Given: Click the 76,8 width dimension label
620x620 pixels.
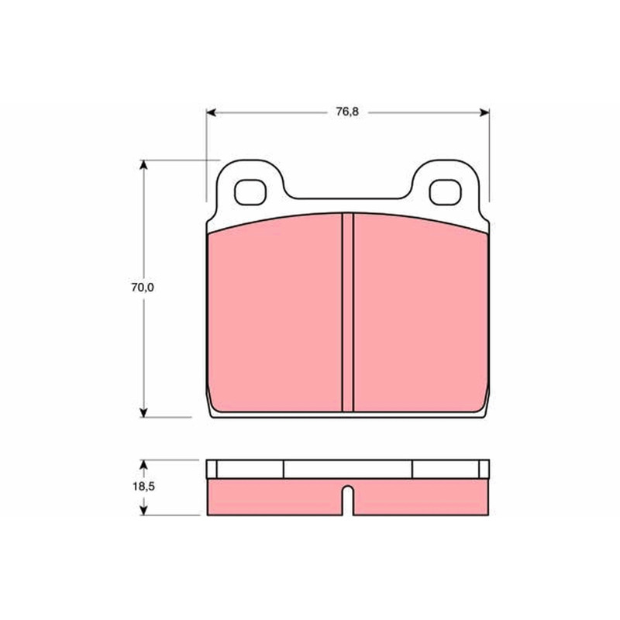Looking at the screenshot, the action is pyautogui.click(x=347, y=112).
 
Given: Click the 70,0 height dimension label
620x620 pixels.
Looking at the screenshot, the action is pyautogui.click(x=143, y=288).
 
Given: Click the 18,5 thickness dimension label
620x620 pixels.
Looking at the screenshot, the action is pyautogui.click(x=143, y=487).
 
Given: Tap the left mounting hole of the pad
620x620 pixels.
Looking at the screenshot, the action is pyautogui.click(x=250, y=192).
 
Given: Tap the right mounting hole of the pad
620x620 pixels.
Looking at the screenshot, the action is pyautogui.click(x=445, y=192).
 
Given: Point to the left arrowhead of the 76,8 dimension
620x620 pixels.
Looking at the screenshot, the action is pyautogui.click(x=211, y=112).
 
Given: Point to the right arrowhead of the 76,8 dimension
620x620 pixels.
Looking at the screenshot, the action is pyautogui.click(x=484, y=112).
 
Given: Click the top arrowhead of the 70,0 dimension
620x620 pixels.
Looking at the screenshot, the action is pyautogui.click(x=143, y=165).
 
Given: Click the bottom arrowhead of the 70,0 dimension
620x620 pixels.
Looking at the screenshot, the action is pyautogui.click(x=143, y=412).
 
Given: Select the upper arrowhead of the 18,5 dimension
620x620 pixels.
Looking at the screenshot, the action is pyautogui.click(x=143, y=464).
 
